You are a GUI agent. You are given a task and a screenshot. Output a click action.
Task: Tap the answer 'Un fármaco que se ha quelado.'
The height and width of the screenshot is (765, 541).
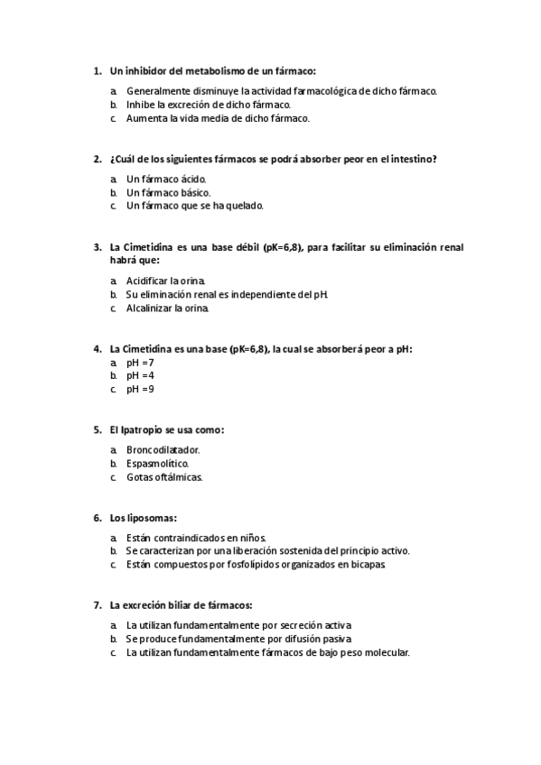(x=194, y=205)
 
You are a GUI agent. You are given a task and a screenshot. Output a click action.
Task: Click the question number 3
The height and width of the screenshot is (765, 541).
(x=97, y=247)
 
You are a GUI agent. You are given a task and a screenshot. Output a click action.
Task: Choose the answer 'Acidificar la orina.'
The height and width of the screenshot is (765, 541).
(x=166, y=281)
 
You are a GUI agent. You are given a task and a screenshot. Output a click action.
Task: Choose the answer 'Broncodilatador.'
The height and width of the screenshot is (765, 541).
(x=163, y=449)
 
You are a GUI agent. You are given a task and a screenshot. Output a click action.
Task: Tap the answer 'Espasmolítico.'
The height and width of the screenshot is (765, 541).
(x=157, y=463)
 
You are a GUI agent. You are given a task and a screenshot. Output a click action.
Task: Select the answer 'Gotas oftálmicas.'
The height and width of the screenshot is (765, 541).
(x=164, y=476)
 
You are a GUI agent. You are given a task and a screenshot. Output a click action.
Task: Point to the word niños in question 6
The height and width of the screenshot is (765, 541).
(x=248, y=538)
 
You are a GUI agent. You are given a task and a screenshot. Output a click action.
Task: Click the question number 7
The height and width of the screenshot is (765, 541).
(x=97, y=605)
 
